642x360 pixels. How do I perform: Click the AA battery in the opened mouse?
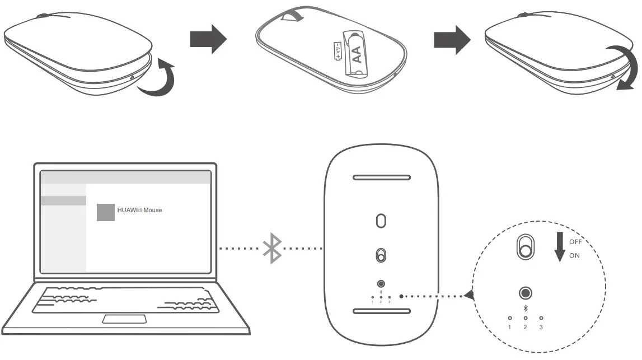pos(357,55)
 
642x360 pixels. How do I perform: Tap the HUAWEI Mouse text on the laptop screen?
pos(139,210)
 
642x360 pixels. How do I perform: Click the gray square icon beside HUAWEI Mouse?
pos(106,212)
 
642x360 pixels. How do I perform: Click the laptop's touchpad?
pos(124,319)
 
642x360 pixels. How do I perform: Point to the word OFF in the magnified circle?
pos(575,242)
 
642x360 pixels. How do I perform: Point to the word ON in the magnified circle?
pos(574,256)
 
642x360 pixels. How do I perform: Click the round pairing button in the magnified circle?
pos(525,293)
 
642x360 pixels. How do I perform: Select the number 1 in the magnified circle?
pos(509,326)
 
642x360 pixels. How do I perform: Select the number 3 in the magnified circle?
pos(541,326)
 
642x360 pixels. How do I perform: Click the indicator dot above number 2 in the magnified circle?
pos(525,318)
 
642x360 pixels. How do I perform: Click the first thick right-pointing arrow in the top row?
pos(208,39)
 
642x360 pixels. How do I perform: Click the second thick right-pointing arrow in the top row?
pos(452,39)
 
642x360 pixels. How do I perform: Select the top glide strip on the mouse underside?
pos(381,178)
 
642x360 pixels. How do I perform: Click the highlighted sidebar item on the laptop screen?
pos(64,200)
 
